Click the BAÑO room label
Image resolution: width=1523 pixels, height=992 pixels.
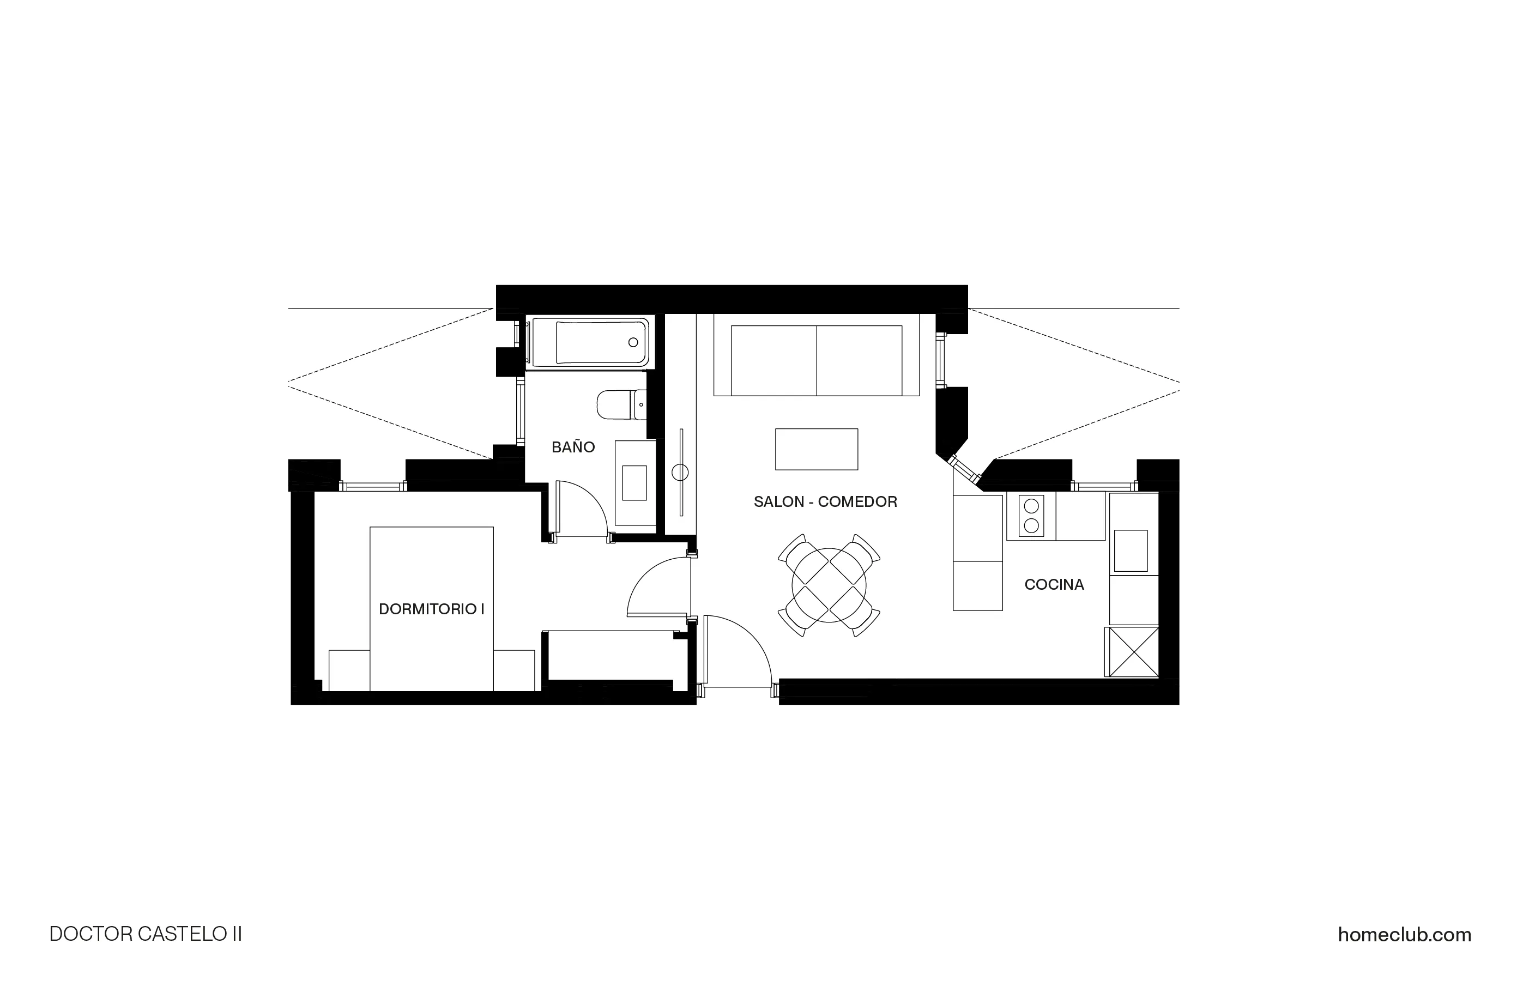tap(573, 447)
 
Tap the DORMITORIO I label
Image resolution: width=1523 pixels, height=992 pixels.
tap(431, 609)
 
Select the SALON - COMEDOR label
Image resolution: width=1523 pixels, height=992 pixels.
tap(825, 502)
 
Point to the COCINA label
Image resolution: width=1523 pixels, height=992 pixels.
tap(1054, 584)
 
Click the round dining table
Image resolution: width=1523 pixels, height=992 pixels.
tap(829, 585)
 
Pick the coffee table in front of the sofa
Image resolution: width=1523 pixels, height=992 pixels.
tap(816, 449)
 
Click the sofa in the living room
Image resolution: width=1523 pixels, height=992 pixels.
tap(817, 360)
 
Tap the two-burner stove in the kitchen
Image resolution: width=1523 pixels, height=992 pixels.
tap(1031, 516)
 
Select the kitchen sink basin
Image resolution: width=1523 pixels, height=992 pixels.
tap(1131, 551)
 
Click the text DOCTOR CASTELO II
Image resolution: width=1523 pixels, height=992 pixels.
tap(146, 934)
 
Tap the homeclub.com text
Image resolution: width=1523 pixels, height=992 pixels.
tap(1404, 935)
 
